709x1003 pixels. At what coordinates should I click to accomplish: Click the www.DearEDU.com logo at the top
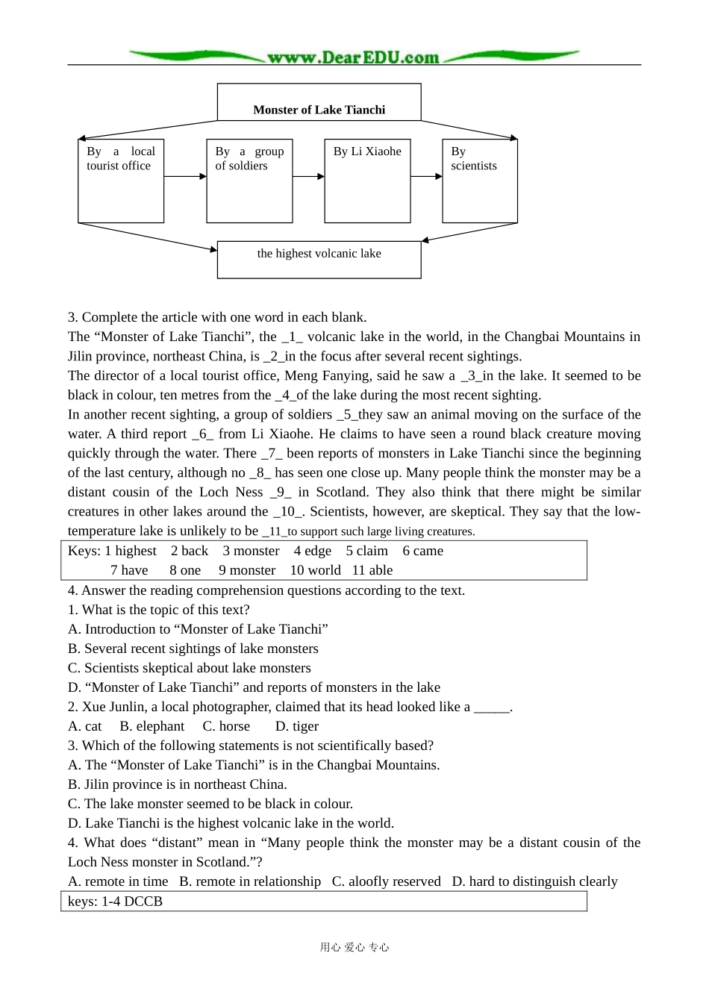(353, 57)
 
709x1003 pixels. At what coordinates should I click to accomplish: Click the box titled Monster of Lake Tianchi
(319, 102)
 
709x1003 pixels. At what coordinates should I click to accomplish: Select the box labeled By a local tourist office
(121, 181)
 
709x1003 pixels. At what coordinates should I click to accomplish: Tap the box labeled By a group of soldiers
(249, 181)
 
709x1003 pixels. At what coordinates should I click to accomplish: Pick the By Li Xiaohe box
(367, 181)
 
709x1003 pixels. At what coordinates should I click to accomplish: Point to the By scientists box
(479, 181)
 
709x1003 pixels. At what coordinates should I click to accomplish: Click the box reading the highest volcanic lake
(319, 259)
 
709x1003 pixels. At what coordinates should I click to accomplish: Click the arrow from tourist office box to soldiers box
(185, 177)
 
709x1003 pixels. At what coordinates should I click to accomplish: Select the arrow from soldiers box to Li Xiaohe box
(308, 177)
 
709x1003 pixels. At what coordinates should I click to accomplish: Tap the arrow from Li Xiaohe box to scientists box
(426, 177)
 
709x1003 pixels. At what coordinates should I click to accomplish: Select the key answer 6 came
(422, 551)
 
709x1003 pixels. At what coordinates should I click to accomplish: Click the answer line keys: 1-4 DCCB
(115, 902)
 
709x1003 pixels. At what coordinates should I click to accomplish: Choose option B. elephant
(152, 726)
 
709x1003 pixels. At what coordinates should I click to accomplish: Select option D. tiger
(297, 726)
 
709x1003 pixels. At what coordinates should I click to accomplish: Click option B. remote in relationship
(250, 881)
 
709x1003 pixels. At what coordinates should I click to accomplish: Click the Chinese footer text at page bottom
(354, 947)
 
